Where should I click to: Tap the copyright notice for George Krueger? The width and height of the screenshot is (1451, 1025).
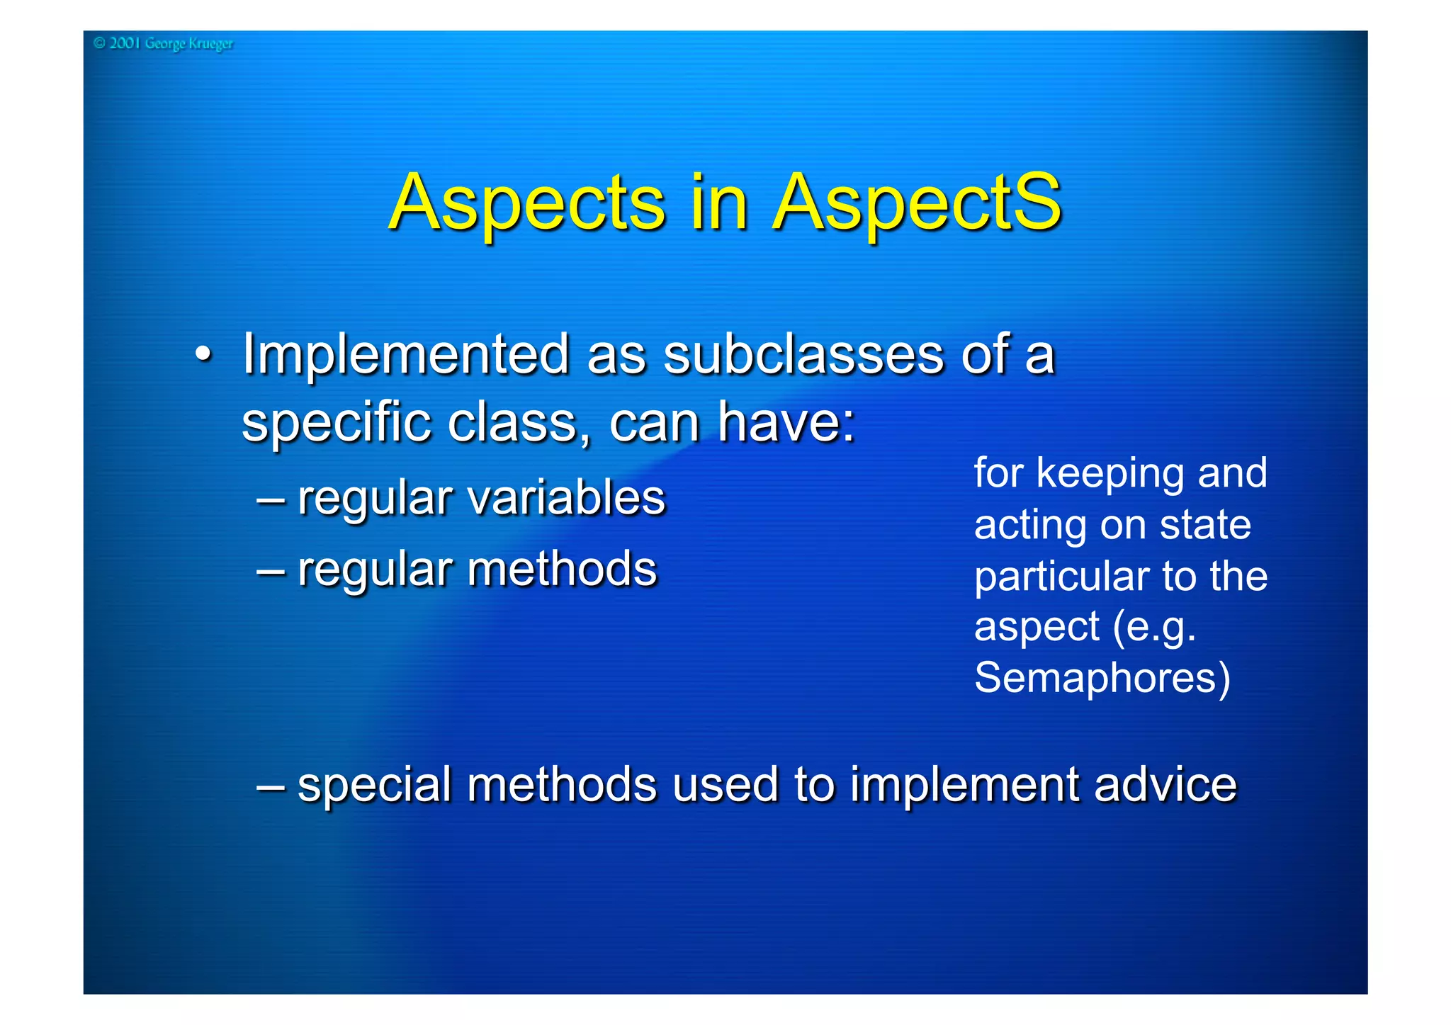click(163, 44)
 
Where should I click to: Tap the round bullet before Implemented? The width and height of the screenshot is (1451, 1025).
click(203, 353)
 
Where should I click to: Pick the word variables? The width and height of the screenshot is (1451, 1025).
click(567, 497)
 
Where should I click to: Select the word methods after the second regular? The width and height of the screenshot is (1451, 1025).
click(562, 569)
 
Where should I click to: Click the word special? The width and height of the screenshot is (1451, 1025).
click(374, 785)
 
